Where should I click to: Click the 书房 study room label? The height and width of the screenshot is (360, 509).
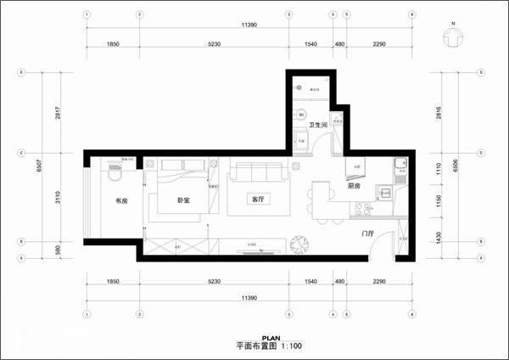tap(121, 201)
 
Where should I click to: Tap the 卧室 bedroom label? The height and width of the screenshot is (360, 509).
tap(182, 201)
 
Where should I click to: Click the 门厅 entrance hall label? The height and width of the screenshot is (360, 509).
tap(367, 233)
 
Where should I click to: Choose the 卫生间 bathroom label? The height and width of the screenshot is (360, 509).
tap(318, 125)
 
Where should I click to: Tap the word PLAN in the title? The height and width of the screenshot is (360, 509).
tap(272, 338)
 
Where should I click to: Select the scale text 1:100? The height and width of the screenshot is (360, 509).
tap(290, 346)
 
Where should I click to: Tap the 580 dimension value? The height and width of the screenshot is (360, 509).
tap(58, 250)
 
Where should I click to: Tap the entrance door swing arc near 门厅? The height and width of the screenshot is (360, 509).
tap(383, 243)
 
